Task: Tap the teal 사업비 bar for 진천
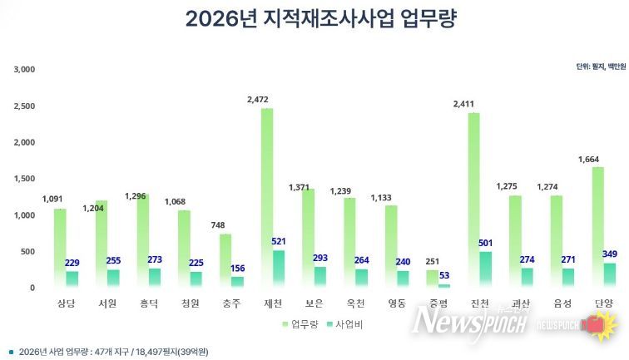tap(485, 270)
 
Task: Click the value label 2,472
tap(259, 100)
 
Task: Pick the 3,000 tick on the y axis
tap(24, 69)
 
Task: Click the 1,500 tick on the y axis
tap(24, 179)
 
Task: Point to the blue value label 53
tap(443, 275)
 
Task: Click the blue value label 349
tap(609, 254)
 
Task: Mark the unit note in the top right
tap(597, 67)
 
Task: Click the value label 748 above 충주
tap(218, 225)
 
